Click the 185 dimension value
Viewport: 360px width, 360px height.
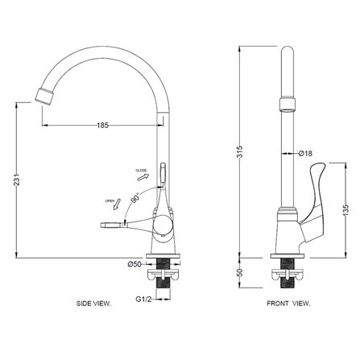coord(103,125)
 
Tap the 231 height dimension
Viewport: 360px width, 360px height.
coord(17,180)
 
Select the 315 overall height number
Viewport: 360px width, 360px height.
coord(240,151)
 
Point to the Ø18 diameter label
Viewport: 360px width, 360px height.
coord(305,154)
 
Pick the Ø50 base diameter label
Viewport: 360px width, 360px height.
coord(134,264)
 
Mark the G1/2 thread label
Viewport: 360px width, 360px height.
coord(143,299)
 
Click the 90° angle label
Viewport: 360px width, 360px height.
coord(135,198)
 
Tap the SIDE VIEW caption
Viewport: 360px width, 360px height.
coord(93,304)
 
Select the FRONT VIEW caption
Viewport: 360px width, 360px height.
coord(288,304)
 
